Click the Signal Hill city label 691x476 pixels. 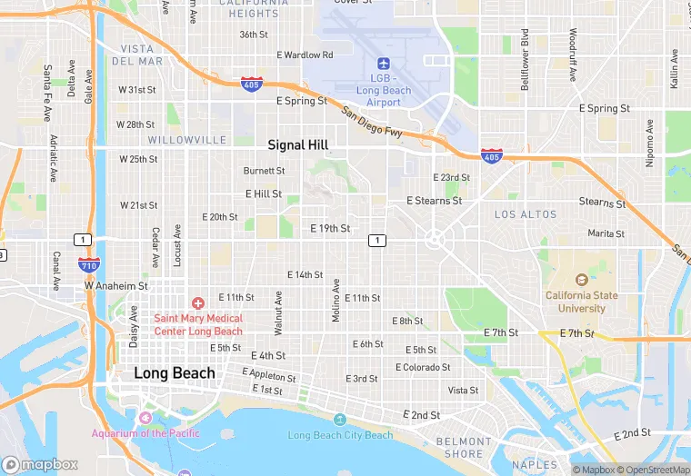[x=297, y=144]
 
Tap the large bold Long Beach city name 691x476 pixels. [x=175, y=373]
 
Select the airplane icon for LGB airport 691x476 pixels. [x=383, y=64]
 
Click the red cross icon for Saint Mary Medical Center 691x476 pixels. [x=197, y=302]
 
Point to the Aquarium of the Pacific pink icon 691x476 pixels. [x=145, y=417]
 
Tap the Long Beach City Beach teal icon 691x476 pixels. [x=340, y=420]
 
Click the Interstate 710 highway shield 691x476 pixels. [x=88, y=264]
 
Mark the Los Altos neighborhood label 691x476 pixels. [x=525, y=214]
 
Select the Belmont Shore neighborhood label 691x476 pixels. [x=465, y=448]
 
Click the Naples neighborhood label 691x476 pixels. [x=535, y=465]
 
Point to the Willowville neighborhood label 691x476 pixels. [x=186, y=140]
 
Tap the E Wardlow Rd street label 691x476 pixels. [x=305, y=55]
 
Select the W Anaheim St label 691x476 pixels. [x=116, y=285]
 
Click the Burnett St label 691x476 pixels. [x=264, y=170]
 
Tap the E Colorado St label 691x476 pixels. [x=423, y=367]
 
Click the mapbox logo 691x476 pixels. [x=40, y=464]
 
